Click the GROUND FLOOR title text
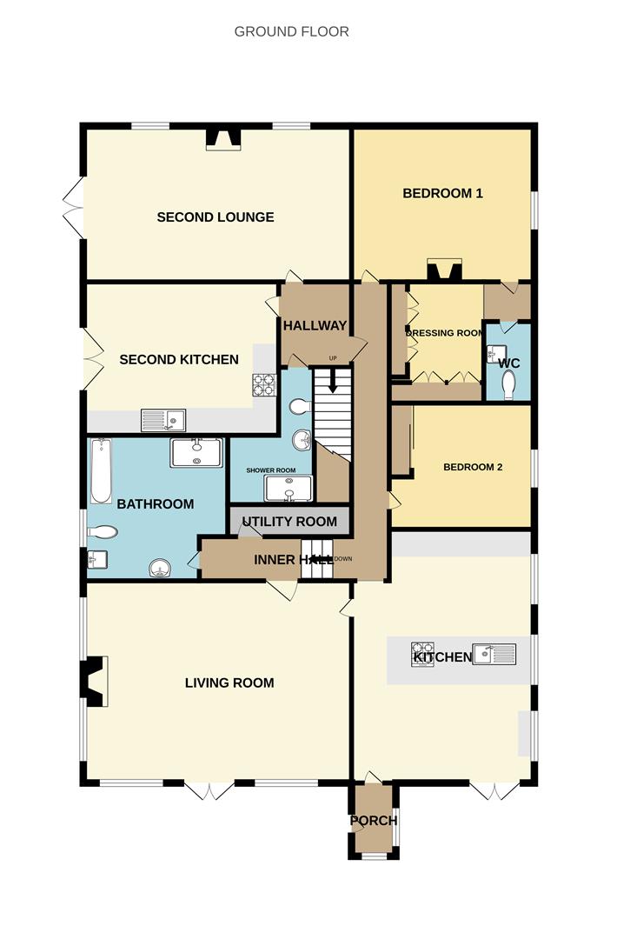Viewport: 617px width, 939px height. tap(291, 32)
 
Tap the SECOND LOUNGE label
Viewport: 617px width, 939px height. tap(216, 217)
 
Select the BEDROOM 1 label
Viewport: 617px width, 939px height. tap(442, 193)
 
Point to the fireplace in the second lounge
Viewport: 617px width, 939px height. tap(223, 139)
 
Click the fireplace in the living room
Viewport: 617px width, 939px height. tap(92, 679)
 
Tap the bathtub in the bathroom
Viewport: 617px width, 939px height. tap(101, 472)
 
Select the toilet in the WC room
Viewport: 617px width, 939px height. tap(508, 384)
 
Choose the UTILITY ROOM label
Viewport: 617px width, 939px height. tap(289, 523)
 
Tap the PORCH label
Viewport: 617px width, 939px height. tap(374, 821)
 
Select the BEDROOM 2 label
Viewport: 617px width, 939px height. tap(473, 467)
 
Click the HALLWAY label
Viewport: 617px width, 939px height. tap(315, 326)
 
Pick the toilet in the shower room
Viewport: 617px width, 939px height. tap(298, 407)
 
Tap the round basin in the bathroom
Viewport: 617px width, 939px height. tap(160, 569)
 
